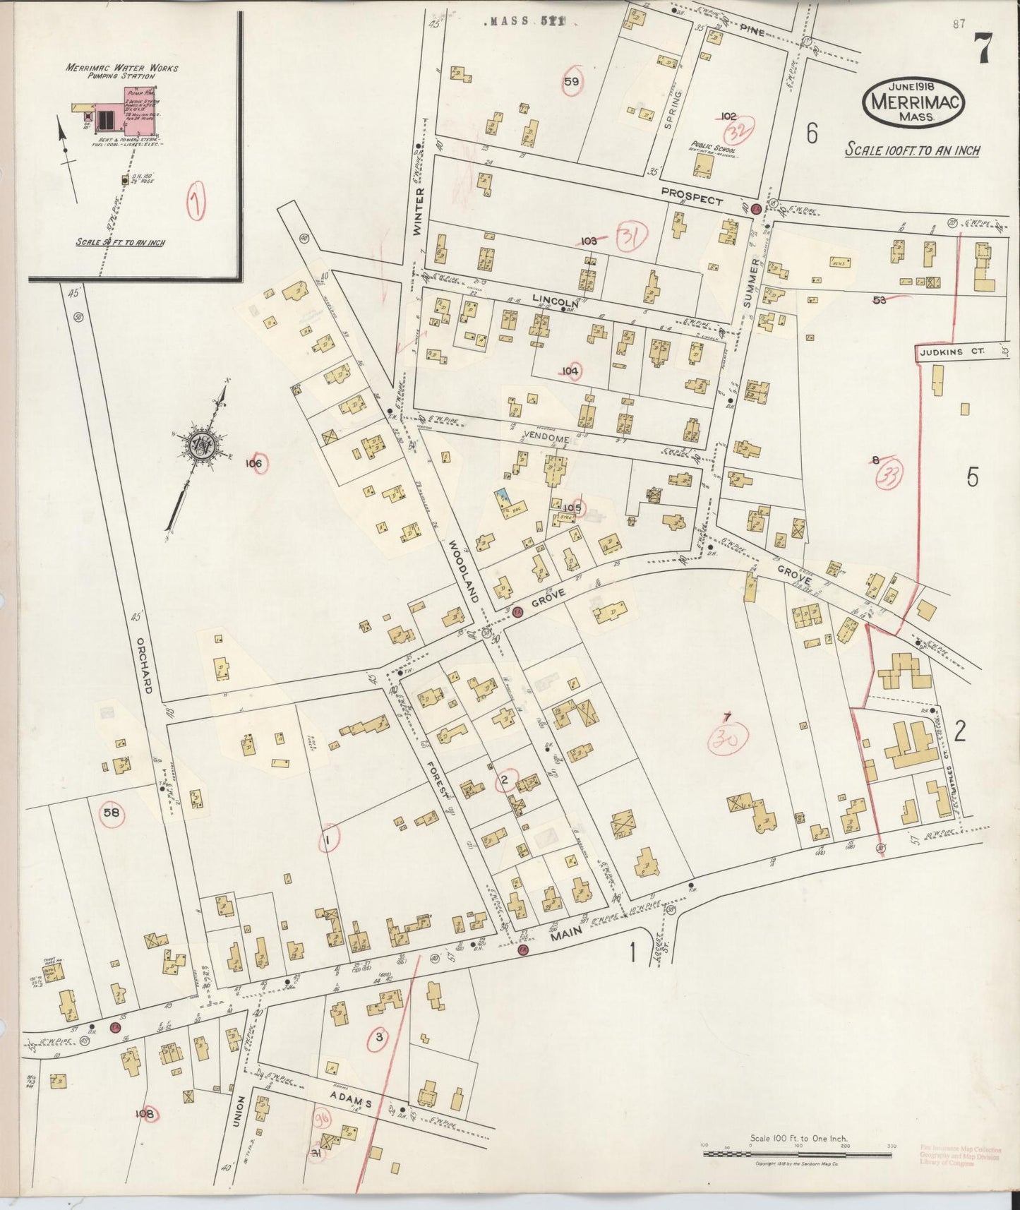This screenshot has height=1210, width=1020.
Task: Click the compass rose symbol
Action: point(203,445)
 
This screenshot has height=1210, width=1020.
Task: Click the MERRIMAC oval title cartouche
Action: point(913,103)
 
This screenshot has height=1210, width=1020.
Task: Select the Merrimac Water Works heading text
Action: point(122,71)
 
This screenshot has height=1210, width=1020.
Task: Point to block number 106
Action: point(255,463)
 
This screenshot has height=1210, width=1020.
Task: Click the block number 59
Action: point(572,82)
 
